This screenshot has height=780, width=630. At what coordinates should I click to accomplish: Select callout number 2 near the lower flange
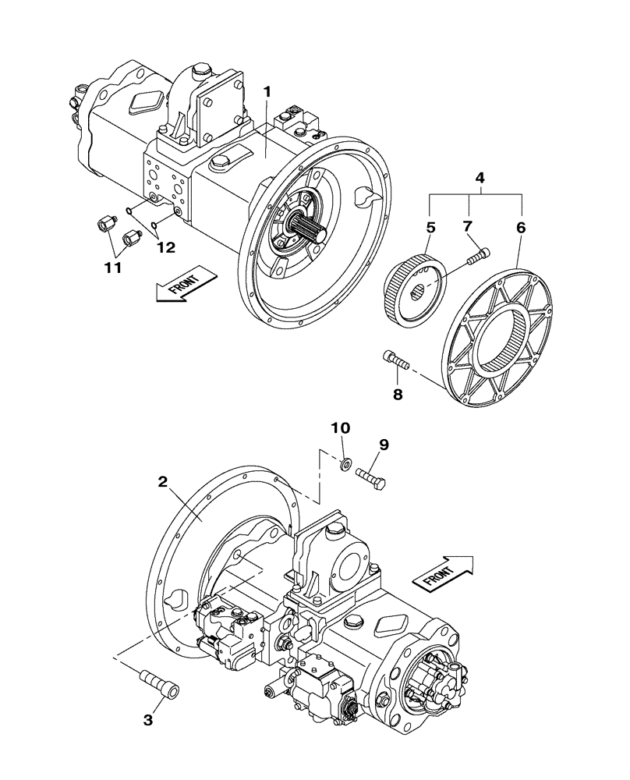(163, 482)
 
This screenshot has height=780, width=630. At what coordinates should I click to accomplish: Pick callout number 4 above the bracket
(480, 178)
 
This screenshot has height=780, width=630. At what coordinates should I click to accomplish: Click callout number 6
(520, 228)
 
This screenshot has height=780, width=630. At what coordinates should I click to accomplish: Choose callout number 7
(469, 228)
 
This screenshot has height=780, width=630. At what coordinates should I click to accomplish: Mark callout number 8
(398, 395)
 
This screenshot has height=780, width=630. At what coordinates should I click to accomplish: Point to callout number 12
(165, 248)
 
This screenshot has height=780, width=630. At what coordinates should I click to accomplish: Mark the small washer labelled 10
(344, 466)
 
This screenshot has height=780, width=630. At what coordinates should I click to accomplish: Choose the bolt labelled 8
(396, 360)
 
